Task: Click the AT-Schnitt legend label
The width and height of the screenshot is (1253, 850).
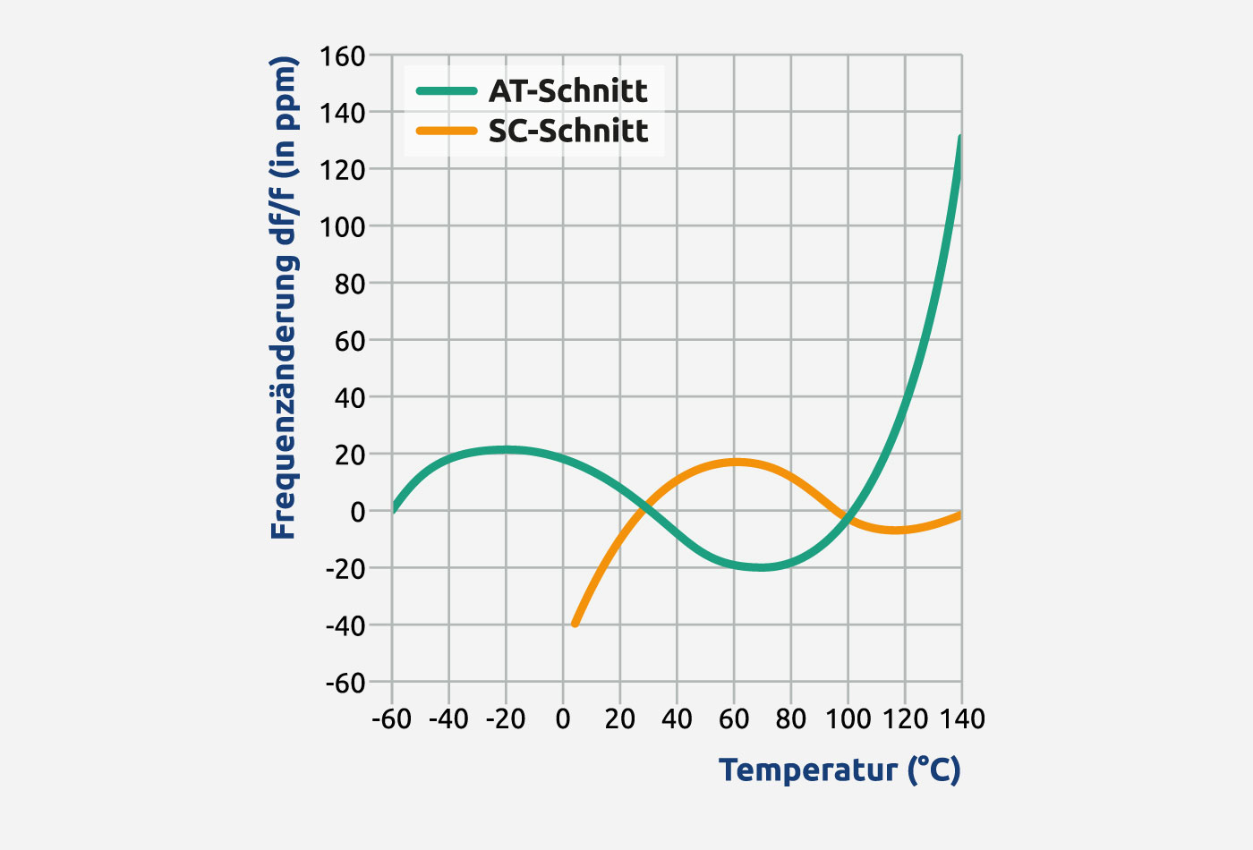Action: tap(567, 90)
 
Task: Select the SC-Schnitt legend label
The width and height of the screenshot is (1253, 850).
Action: tap(567, 131)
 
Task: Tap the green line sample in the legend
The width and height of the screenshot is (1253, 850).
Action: tap(447, 90)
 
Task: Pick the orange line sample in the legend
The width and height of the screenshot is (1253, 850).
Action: tap(447, 131)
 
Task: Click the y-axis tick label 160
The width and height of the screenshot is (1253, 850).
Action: tap(344, 56)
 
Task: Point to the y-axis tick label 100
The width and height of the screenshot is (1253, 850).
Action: tap(344, 226)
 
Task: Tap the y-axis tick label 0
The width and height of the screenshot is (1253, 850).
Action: tap(358, 512)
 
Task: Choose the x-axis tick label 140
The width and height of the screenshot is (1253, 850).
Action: tap(961, 719)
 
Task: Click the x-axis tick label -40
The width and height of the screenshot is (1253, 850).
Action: tap(448, 719)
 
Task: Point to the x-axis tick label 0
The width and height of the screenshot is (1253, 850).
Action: tap(563, 719)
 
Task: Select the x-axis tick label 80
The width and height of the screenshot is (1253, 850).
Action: tap(791, 719)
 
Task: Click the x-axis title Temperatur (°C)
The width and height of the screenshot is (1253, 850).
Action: tap(840, 769)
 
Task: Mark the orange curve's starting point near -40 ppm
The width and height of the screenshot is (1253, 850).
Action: tap(575, 623)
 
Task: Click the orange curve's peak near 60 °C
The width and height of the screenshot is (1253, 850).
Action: tap(735, 463)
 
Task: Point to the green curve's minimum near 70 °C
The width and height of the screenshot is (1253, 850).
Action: tap(761, 567)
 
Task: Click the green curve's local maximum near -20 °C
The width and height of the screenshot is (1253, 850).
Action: tap(506, 450)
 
